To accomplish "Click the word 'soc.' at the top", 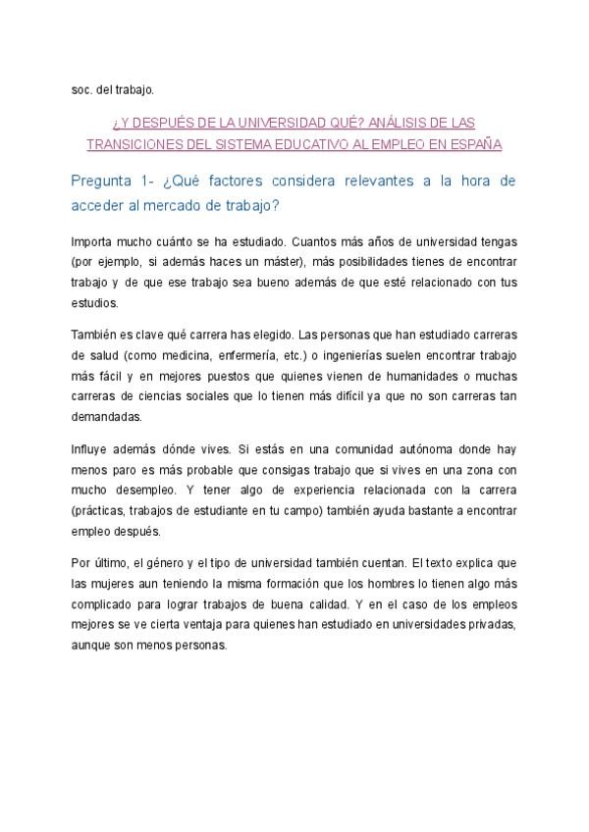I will [x=81, y=91].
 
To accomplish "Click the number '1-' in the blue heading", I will [x=158, y=182].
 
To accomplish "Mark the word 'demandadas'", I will [x=106, y=415].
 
